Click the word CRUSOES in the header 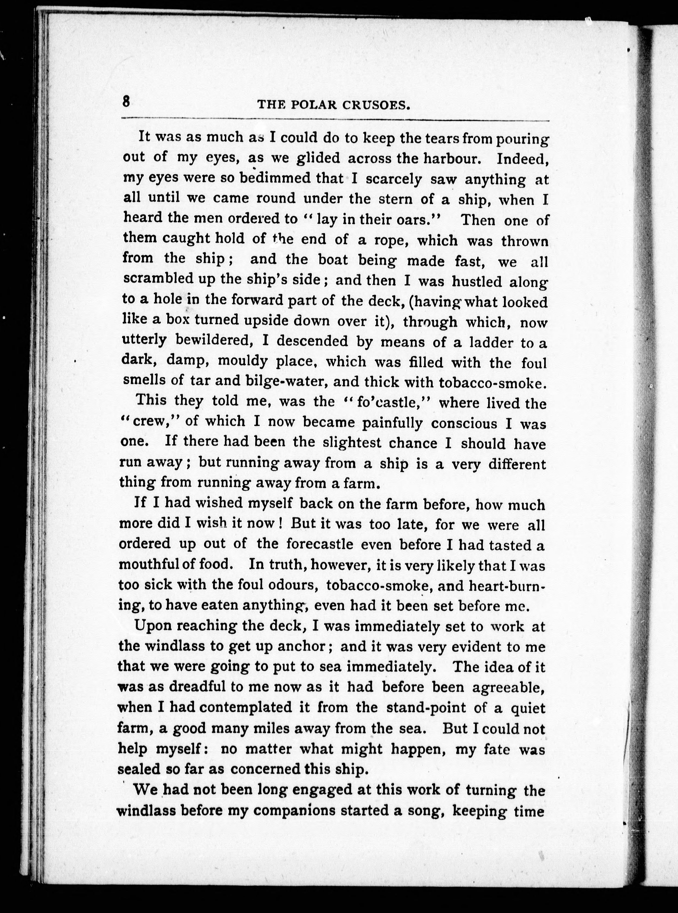point(376,106)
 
